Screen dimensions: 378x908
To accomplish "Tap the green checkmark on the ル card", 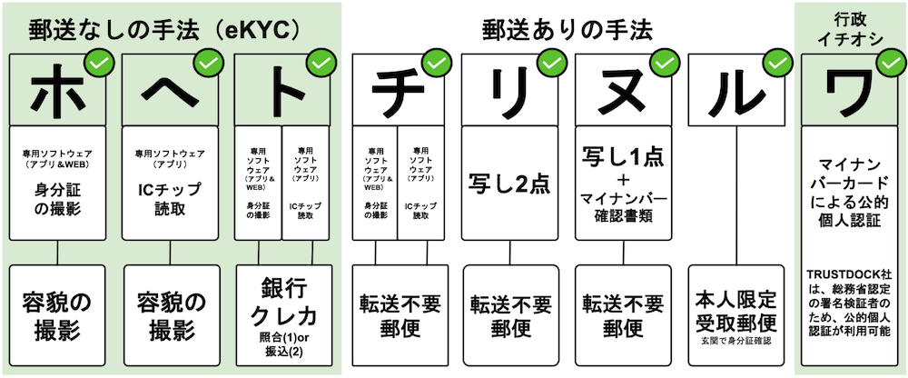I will pos(777,64).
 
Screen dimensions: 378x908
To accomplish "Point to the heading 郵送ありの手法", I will pos(567,28).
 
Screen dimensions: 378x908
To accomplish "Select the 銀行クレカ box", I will pos(283,313).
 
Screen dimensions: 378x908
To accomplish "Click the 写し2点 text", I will pos(510,182).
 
